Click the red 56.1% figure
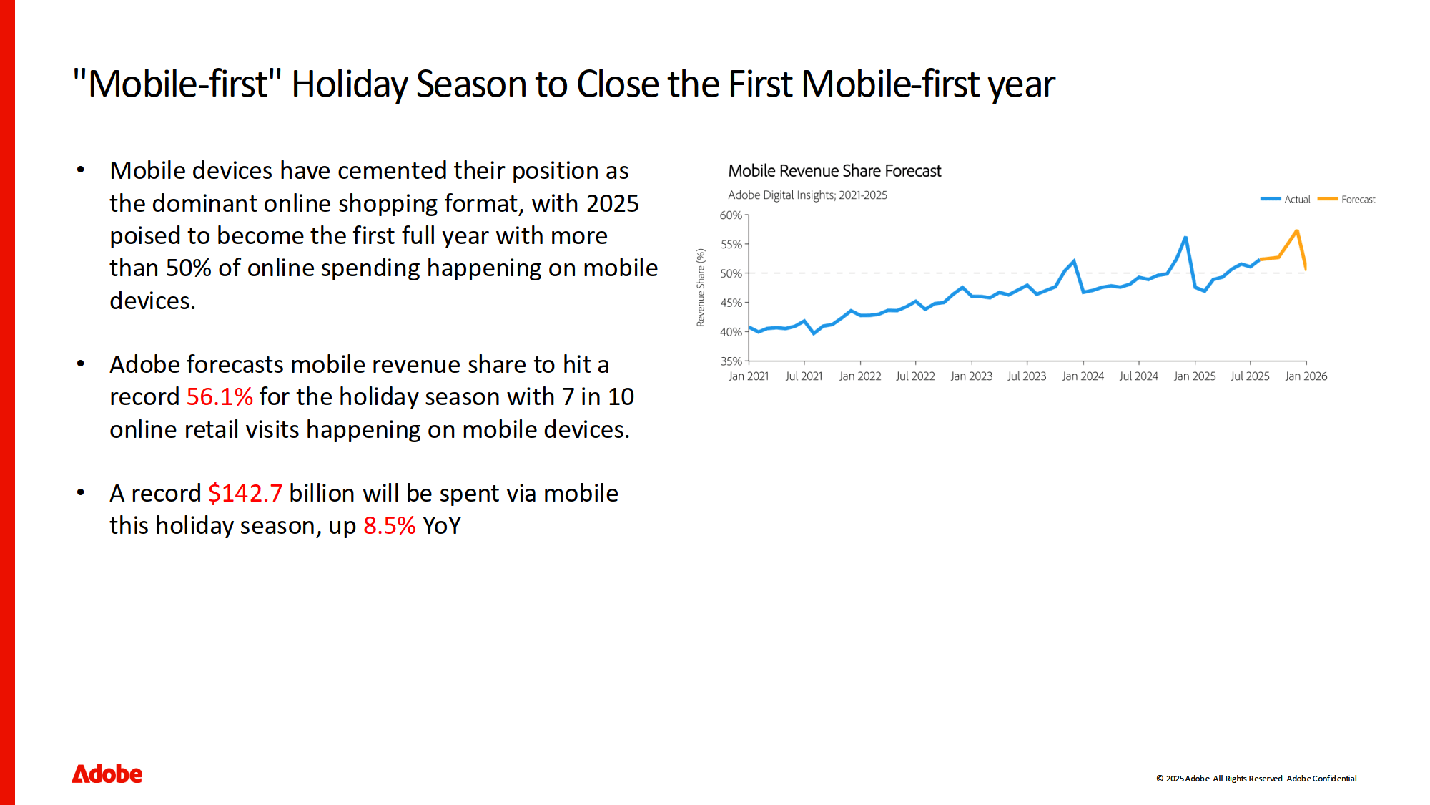point(220,396)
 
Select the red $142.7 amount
point(245,493)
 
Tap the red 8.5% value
point(390,525)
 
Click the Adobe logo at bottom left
point(107,774)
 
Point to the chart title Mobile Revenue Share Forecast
point(834,171)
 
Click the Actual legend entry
point(1286,199)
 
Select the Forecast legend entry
point(1347,199)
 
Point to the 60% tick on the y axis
point(731,215)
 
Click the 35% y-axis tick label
point(731,361)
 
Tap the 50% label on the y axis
point(731,273)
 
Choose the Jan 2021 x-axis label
point(749,376)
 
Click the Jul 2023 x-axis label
point(1027,376)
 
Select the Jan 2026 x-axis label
point(1306,376)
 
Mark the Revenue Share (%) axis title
point(701,288)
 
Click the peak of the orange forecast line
point(1297,230)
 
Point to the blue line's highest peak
point(1185,238)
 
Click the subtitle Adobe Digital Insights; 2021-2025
point(807,195)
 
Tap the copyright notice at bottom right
point(1258,779)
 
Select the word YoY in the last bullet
point(442,525)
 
